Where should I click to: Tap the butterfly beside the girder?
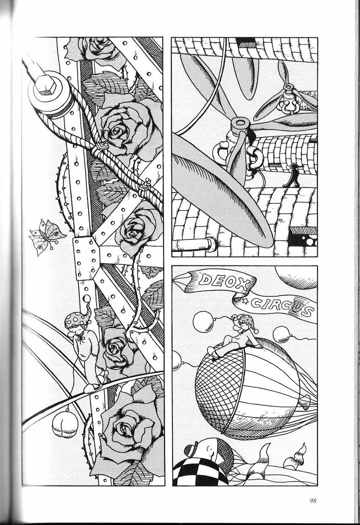(47, 237)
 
